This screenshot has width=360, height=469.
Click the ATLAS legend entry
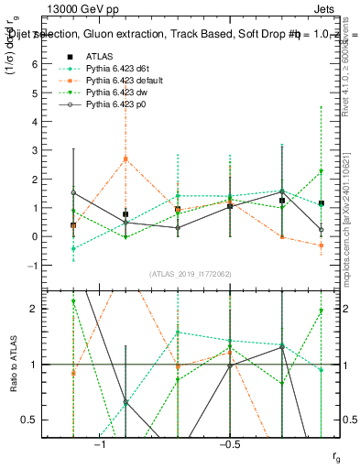[x=98, y=56]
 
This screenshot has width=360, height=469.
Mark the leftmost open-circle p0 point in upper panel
[x=73, y=192]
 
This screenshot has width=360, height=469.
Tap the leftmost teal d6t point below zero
[x=73, y=248]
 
